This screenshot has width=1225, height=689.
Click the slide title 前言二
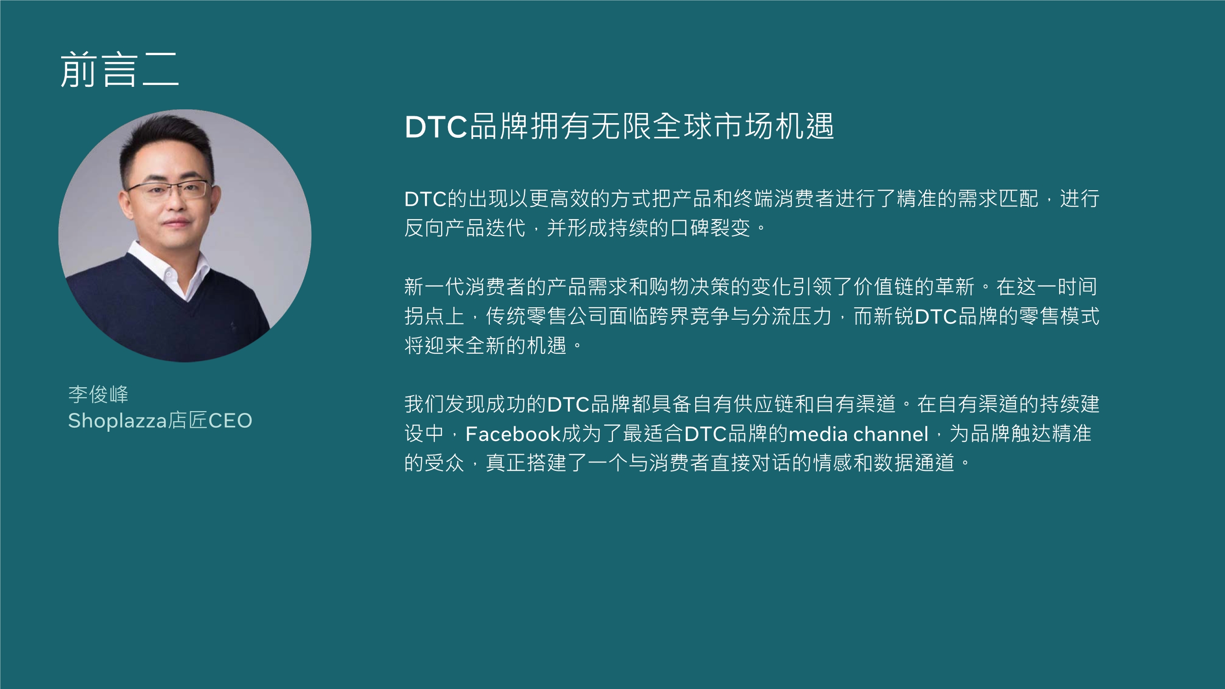point(119,70)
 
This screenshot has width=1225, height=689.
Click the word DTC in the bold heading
point(436,127)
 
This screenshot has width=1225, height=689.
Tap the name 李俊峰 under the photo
point(98,394)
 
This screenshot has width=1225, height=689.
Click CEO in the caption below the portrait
point(230,421)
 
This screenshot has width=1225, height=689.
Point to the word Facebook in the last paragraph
point(513,434)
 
